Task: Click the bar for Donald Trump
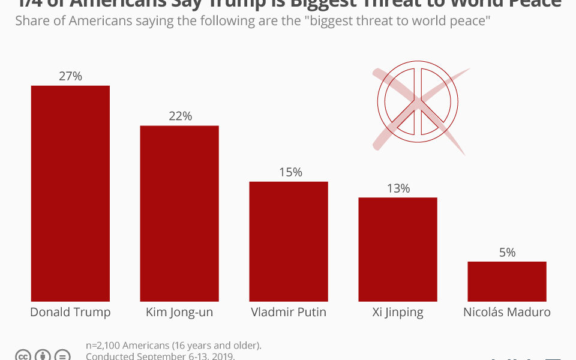tap(70, 193)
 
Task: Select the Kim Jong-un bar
tap(179, 213)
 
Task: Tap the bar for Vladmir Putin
tap(289, 241)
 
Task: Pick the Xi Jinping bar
tap(398, 249)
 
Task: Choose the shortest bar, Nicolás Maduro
tap(507, 281)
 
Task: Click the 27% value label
tap(70, 76)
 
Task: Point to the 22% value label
tap(180, 116)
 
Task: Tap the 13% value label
tap(398, 188)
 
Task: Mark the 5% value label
tap(507, 253)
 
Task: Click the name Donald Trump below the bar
tap(70, 312)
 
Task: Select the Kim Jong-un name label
tap(179, 313)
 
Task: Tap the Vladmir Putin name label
tap(289, 312)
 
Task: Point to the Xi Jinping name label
tap(397, 313)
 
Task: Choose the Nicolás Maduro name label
tap(507, 312)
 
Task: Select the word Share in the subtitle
tap(31, 21)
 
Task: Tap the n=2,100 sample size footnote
tap(173, 346)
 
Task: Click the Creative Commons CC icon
tap(23, 355)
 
